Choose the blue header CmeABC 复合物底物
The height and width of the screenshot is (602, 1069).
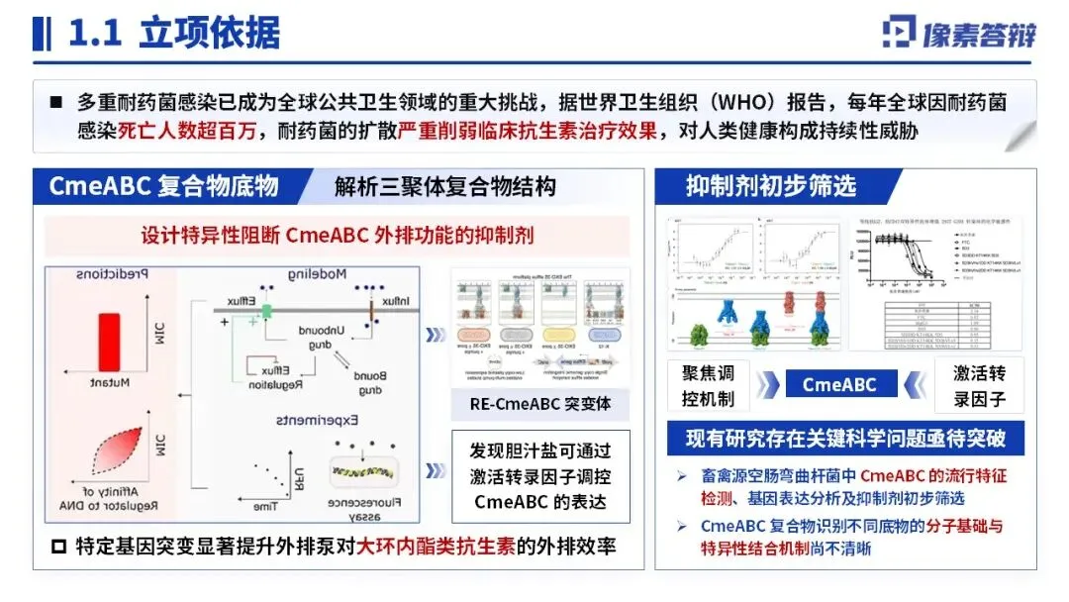click(164, 185)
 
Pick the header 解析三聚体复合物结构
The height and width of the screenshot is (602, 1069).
click(444, 186)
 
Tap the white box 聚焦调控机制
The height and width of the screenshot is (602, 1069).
click(709, 386)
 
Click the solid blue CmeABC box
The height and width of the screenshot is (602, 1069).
click(838, 384)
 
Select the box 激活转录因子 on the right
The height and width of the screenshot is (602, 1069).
click(979, 386)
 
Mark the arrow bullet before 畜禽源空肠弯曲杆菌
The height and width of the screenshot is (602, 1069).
click(682, 476)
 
